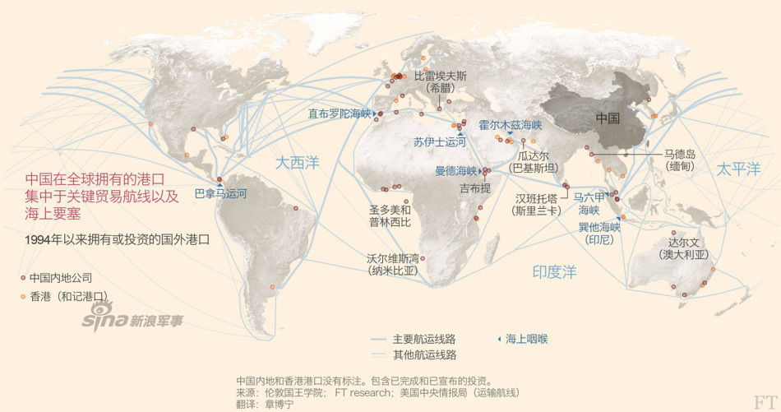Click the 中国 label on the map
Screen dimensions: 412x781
pyautogui.click(x=608, y=118)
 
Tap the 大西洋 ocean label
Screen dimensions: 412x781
pyautogui.click(x=297, y=163)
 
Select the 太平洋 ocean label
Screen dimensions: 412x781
pyautogui.click(x=737, y=169)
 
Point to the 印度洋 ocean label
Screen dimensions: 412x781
pyautogui.click(x=554, y=271)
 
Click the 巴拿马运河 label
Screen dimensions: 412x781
pyautogui.click(x=220, y=194)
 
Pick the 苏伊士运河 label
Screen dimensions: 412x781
pyautogui.click(x=440, y=142)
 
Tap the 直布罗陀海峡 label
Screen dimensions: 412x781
pyautogui.click(x=340, y=113)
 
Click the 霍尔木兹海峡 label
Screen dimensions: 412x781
pyautogui.click(x=511, y=125)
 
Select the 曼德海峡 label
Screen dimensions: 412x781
pyautogui.click(x=455, y=171)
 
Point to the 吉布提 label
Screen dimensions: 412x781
pyautogui.click(x=475, y=188)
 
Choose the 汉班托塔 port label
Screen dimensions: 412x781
pyautogui.click(x=536, y=198)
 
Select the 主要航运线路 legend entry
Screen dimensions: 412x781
pyautogui.click(x=423, y=339)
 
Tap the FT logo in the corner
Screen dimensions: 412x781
pyautogui.click(x=764, y=401)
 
